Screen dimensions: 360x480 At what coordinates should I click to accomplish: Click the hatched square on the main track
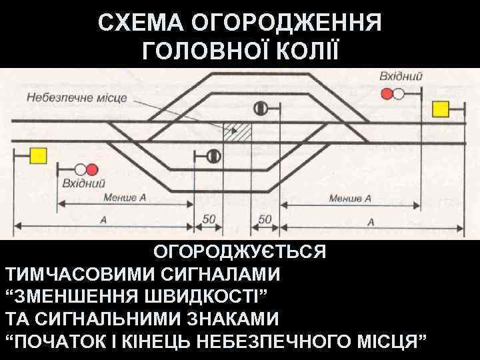pyautogui.click(x=238, y=131)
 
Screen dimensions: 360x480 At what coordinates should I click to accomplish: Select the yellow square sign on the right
pyautogui.click(x=440, y=109)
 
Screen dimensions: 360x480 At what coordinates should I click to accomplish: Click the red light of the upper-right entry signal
pyautogui.click(x=387, y=94)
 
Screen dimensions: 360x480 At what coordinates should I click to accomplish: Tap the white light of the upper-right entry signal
pyautogui.click(x=399, y=94)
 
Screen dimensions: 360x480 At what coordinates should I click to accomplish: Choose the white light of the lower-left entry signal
pyautogui.click(x=80, y=169)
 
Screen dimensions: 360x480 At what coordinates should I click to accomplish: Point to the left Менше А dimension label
pyautogui.click(x=125, y=198)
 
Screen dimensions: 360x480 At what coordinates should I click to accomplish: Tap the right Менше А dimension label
pyautogui.click(x=350, y=198)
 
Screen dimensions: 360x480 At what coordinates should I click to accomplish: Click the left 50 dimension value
pyautogui.click(x=209, y=219)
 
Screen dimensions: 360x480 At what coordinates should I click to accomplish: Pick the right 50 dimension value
pyautogui.click(x=265, y=219)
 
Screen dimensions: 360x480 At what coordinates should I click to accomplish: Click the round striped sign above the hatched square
pyautogui.click(x=261, y=107)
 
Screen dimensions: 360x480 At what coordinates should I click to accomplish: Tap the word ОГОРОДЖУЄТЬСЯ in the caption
pyautogui.click(x=240, y=253)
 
